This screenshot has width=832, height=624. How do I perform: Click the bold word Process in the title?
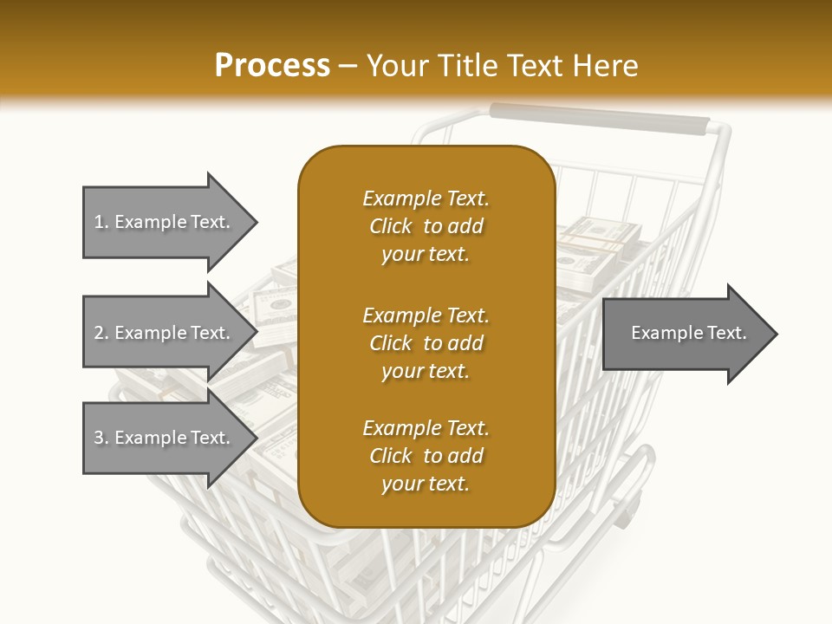pos(272,66)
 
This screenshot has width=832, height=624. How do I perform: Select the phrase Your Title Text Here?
pos(503,66)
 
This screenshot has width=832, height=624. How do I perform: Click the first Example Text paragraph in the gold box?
pos(426,226)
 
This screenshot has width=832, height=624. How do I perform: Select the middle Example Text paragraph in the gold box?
pos(426,342)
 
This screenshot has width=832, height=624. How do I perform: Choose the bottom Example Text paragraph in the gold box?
pos(426,456)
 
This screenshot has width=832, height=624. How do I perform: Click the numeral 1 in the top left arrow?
pos(99,222)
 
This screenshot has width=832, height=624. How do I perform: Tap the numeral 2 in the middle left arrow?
pos(99,333)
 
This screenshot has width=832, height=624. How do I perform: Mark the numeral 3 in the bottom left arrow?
pos(99,438)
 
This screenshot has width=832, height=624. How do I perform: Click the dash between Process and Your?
pos(348,66)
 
